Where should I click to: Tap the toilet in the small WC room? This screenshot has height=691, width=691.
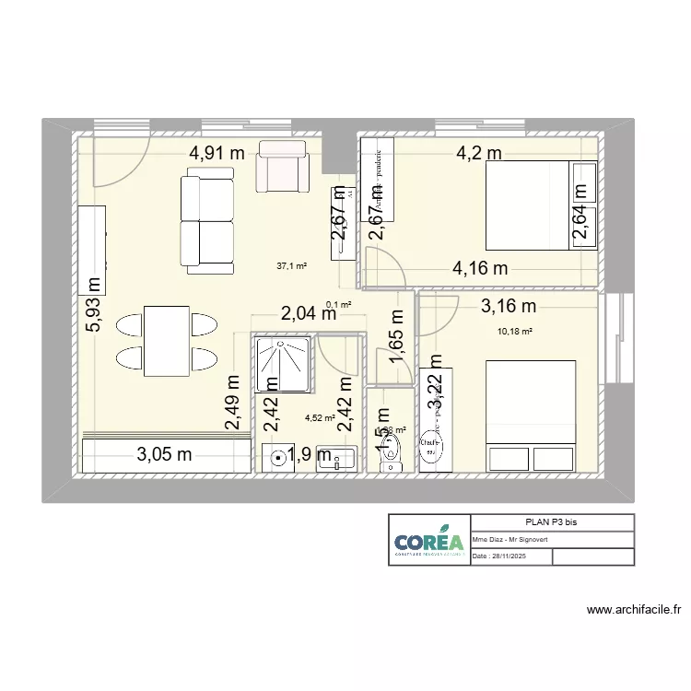tap(392, 451)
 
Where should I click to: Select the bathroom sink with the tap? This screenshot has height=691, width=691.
tap(337, 458)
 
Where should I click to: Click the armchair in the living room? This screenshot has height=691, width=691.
tap(283, 165)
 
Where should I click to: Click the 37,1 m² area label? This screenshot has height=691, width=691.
tap(291, 266)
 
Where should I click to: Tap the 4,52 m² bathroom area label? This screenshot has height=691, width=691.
tap(319, 417)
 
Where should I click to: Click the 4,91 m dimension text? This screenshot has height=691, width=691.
tap(217, 154)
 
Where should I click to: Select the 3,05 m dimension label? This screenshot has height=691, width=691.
tap(165, 453)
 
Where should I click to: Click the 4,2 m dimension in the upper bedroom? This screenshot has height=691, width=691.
tap(479, 154)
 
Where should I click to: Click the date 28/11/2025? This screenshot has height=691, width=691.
tap(503, 556)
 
